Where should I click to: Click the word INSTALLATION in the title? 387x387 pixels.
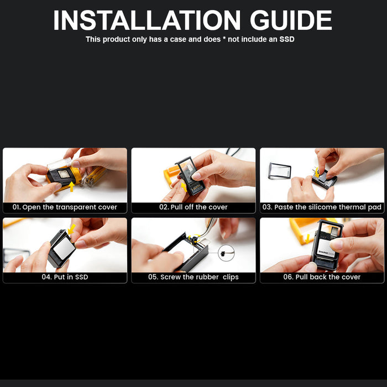pyautogui.click(x=147, y=20)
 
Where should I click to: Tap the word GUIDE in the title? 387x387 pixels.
pyautogui.click(x=291, y=20)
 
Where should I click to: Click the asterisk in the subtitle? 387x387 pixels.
pyautogui.click(x=224, y=39)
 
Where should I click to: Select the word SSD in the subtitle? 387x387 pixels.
pyautogui.click(x=287, y=39)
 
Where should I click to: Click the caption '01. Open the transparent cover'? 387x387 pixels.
pyautogui.click(x=65, y=207)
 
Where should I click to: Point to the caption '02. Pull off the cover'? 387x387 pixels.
pyautogui.click(x=193, y=207)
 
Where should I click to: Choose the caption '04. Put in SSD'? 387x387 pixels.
pyautogui.click(x=65, y=277)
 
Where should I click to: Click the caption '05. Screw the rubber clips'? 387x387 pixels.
pyautogui.click(x=193, y=277)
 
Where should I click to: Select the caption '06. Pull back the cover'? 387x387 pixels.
pyautogui.click(x=322, y=277)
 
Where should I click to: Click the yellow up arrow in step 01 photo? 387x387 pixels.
pyautogui.click(x=71, y=187)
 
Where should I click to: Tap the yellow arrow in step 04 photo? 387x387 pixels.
pyautogui.click(x=71, y=229)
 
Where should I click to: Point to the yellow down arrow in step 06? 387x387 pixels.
pyautogui.click(x=307, y=239)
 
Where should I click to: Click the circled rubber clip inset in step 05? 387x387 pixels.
pyautogui.click(x=226, y=253)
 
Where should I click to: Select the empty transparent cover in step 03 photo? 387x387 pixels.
pyautogui.click(x=280, y=170)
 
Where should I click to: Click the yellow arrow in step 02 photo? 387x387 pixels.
pyautogui.click(x=184, y=187)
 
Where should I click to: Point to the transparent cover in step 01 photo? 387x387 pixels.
pyautogui.click(x=60, y=164)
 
